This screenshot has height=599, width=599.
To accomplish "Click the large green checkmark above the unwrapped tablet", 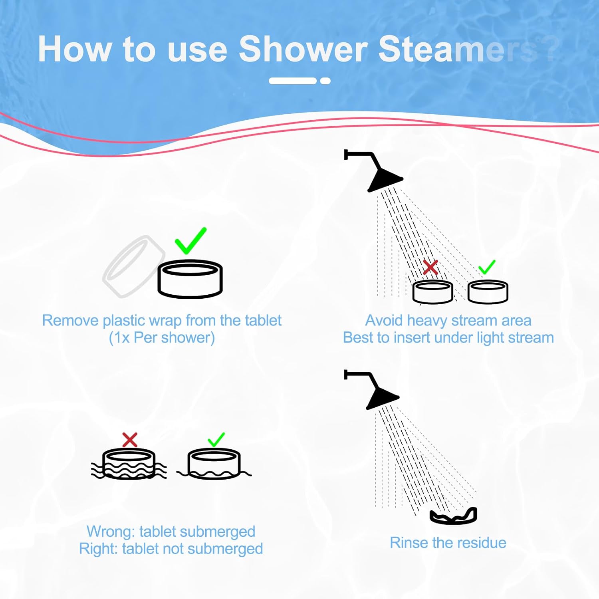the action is coord(190,240).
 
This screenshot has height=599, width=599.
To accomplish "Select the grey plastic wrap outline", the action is coord(133,266).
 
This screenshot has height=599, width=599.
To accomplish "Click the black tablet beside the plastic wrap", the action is coord(190,279).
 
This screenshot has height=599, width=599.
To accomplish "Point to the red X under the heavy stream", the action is coord(430,268).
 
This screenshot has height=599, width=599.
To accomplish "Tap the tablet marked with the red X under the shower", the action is coord(432,292).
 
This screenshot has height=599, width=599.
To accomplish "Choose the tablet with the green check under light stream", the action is coord(488,292).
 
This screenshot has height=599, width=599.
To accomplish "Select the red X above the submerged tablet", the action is coord(130,440).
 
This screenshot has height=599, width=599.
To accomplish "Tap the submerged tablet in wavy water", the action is coord(129,464).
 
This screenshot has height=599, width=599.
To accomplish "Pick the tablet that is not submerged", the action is coord(214,464).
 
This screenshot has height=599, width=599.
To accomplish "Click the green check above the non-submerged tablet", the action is coord(216,440).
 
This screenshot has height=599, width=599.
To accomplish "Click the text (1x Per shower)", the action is coord(162,338).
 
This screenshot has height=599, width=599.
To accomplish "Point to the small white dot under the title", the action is coord(325,81).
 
